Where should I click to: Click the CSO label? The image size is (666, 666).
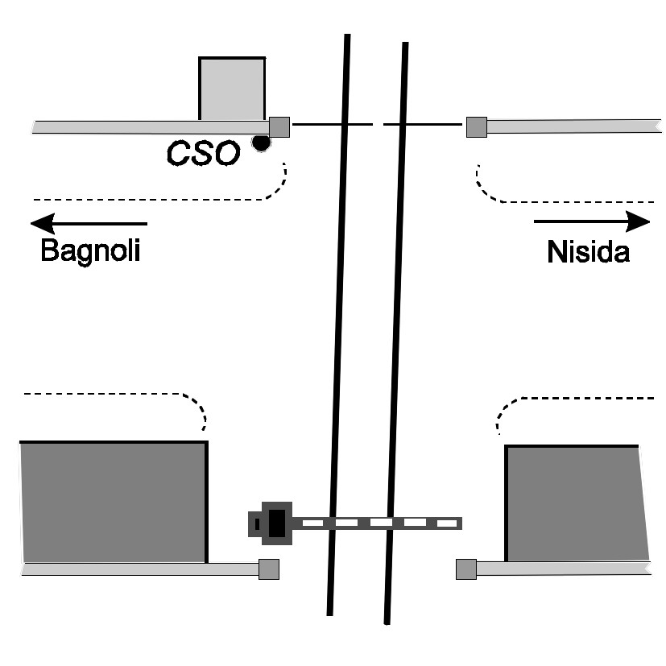click(203, 153)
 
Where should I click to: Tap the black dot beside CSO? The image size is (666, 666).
click(260, 143)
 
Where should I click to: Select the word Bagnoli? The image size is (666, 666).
click(90, 250)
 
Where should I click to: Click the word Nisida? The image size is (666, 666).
click(589, 251)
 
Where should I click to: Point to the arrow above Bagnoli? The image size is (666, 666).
click(89, 222)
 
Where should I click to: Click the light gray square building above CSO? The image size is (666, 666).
click(232, 89)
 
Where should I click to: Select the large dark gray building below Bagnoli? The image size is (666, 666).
click(113, 502)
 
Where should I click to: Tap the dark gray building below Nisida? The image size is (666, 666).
click(575, 503)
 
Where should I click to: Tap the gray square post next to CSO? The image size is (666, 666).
click(279, 126)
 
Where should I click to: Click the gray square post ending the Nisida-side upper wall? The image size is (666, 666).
click(476, 126)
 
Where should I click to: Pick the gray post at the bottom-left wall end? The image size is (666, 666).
click(269, 569)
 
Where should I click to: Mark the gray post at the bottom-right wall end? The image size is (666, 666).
click(465, 569)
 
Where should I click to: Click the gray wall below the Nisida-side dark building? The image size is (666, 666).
click(564, 569)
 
